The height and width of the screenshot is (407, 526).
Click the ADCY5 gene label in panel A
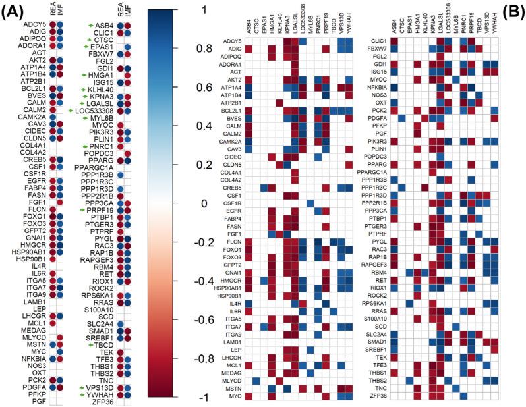[38, 25]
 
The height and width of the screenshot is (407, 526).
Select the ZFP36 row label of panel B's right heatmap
[376, 395]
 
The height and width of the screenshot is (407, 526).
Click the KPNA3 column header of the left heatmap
[288, 24]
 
